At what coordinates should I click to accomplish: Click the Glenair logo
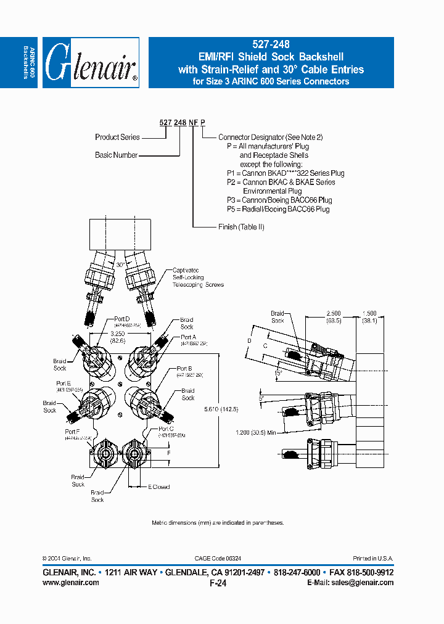click(92, 63)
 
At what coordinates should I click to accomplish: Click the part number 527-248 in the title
click(271, 44)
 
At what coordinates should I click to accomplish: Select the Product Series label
click(117, 137)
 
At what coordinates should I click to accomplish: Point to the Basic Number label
click(116, 155)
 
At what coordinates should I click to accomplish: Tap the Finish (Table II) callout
click(241, 227)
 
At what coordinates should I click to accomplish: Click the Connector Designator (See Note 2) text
click(270, 137)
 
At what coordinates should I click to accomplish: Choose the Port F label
click(72, 432)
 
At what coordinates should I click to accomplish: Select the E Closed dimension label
click(158, 487)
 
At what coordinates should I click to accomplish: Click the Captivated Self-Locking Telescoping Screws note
click(197, 277)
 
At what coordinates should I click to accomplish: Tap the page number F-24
click(218, 583)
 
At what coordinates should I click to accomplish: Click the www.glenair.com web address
click(71, 583)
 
